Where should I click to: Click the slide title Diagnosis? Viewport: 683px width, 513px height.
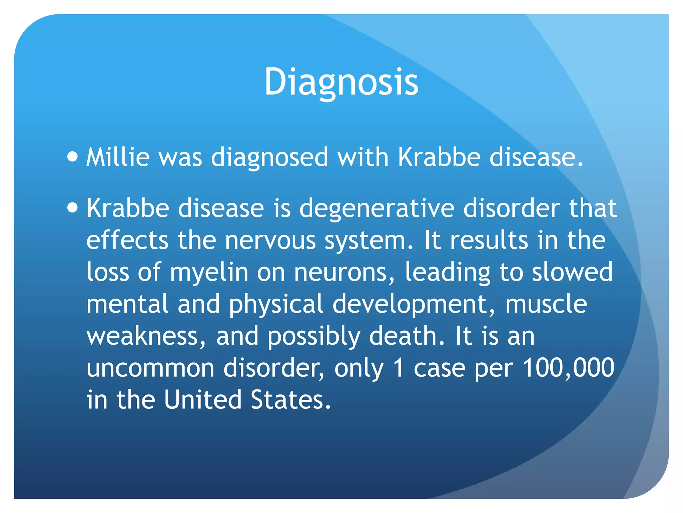(341, 82)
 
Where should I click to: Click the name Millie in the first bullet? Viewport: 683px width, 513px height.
(118, 157)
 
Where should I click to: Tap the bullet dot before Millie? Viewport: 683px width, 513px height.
(72, 156)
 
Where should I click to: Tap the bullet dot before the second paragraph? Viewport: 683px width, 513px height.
(72, 208)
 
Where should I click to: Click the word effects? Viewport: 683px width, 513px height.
(127, 240)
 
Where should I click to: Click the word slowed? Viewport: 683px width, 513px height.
(572, 272)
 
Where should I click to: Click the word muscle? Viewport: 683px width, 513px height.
(546, 304)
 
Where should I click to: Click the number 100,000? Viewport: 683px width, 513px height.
(568, 368)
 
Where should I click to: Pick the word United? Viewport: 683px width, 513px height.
(202, 400)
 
